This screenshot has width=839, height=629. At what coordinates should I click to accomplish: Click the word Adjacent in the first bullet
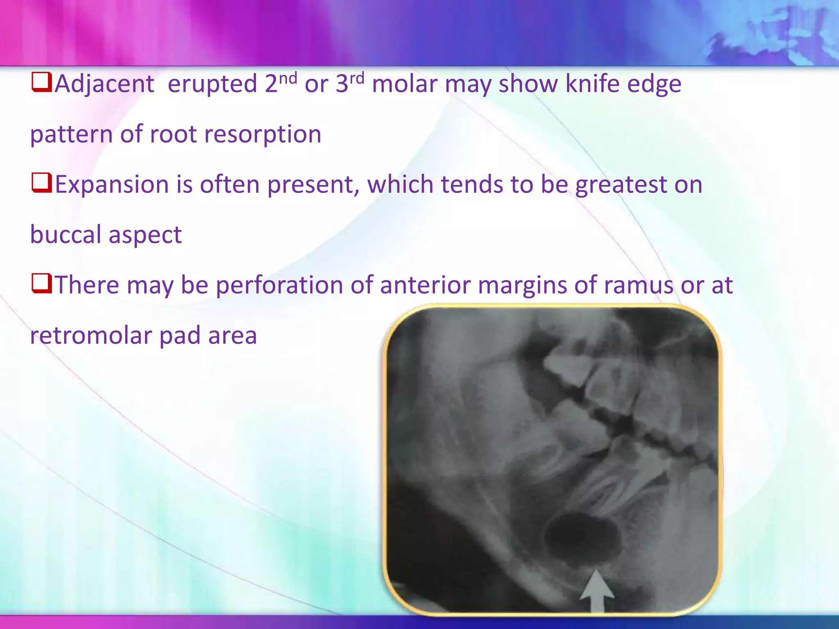(x=104, y=84)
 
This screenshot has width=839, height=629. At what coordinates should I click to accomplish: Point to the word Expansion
(x=112, y=185)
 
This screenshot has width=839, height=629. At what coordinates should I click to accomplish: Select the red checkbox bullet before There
(x=41, y=283)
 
